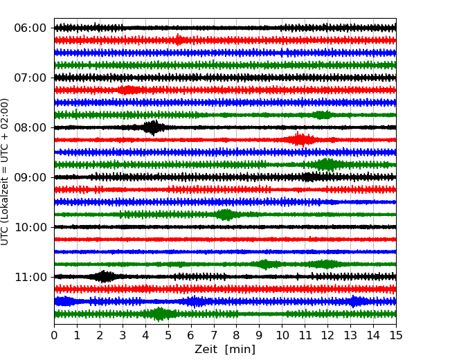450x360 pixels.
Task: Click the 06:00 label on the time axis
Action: [x=30, y=28]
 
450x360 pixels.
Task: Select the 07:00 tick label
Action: [x=30, y=78]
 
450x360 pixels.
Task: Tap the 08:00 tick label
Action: [x=30, y=127]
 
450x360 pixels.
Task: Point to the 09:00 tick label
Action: [x=30, y=177]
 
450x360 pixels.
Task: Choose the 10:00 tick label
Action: [x=30, y=227]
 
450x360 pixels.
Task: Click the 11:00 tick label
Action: [x=30, y=277]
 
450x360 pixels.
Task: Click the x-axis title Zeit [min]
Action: [x=225, y=350]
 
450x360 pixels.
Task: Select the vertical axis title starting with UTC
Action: [x=6, y=171]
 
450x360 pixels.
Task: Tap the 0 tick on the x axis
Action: [x=54, y=336]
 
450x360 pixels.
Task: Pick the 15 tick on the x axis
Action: [x=396, y=336]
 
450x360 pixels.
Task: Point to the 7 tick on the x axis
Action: [x=214, y=336]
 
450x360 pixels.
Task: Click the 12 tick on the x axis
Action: [x=327, y=336]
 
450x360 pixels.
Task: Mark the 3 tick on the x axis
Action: [x=123, y=336]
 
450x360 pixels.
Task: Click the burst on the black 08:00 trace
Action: [x=153, y=127]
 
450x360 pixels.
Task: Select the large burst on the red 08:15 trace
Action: [x=300, y=140]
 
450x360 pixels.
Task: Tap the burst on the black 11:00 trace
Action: [x=105, y=277]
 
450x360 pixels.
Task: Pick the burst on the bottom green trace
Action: [x=160, y=314]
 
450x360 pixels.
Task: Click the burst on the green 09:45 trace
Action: [x=225, y=215]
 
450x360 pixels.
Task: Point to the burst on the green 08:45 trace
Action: [x=327, y=165]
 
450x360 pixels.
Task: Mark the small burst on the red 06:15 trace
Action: [x=179, y=40]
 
